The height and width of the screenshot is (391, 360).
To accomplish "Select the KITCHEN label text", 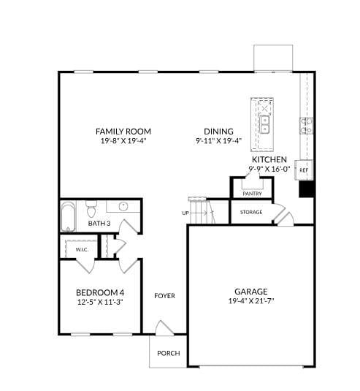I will click(268, 159).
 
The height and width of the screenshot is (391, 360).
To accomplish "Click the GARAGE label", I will click(250, 290).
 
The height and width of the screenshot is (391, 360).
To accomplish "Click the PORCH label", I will click(168, 353).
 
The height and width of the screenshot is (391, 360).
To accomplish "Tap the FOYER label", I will click(164, 296).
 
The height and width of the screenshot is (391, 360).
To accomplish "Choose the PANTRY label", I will click(252, 194).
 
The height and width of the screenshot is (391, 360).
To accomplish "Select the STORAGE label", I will click(250, 212).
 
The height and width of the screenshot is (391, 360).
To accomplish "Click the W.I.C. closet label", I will click(81, 250).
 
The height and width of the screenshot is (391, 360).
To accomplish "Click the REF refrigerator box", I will click(304, 170).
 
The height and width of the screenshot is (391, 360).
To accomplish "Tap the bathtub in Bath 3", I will click(68, 216).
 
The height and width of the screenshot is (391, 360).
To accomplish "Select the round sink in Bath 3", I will click(123, 206).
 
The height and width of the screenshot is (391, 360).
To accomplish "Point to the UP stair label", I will click(185, 213).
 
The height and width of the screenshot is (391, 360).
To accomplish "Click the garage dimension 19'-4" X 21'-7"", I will click(250, 300).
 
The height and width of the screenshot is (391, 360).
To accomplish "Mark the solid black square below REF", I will click(307, 189).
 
